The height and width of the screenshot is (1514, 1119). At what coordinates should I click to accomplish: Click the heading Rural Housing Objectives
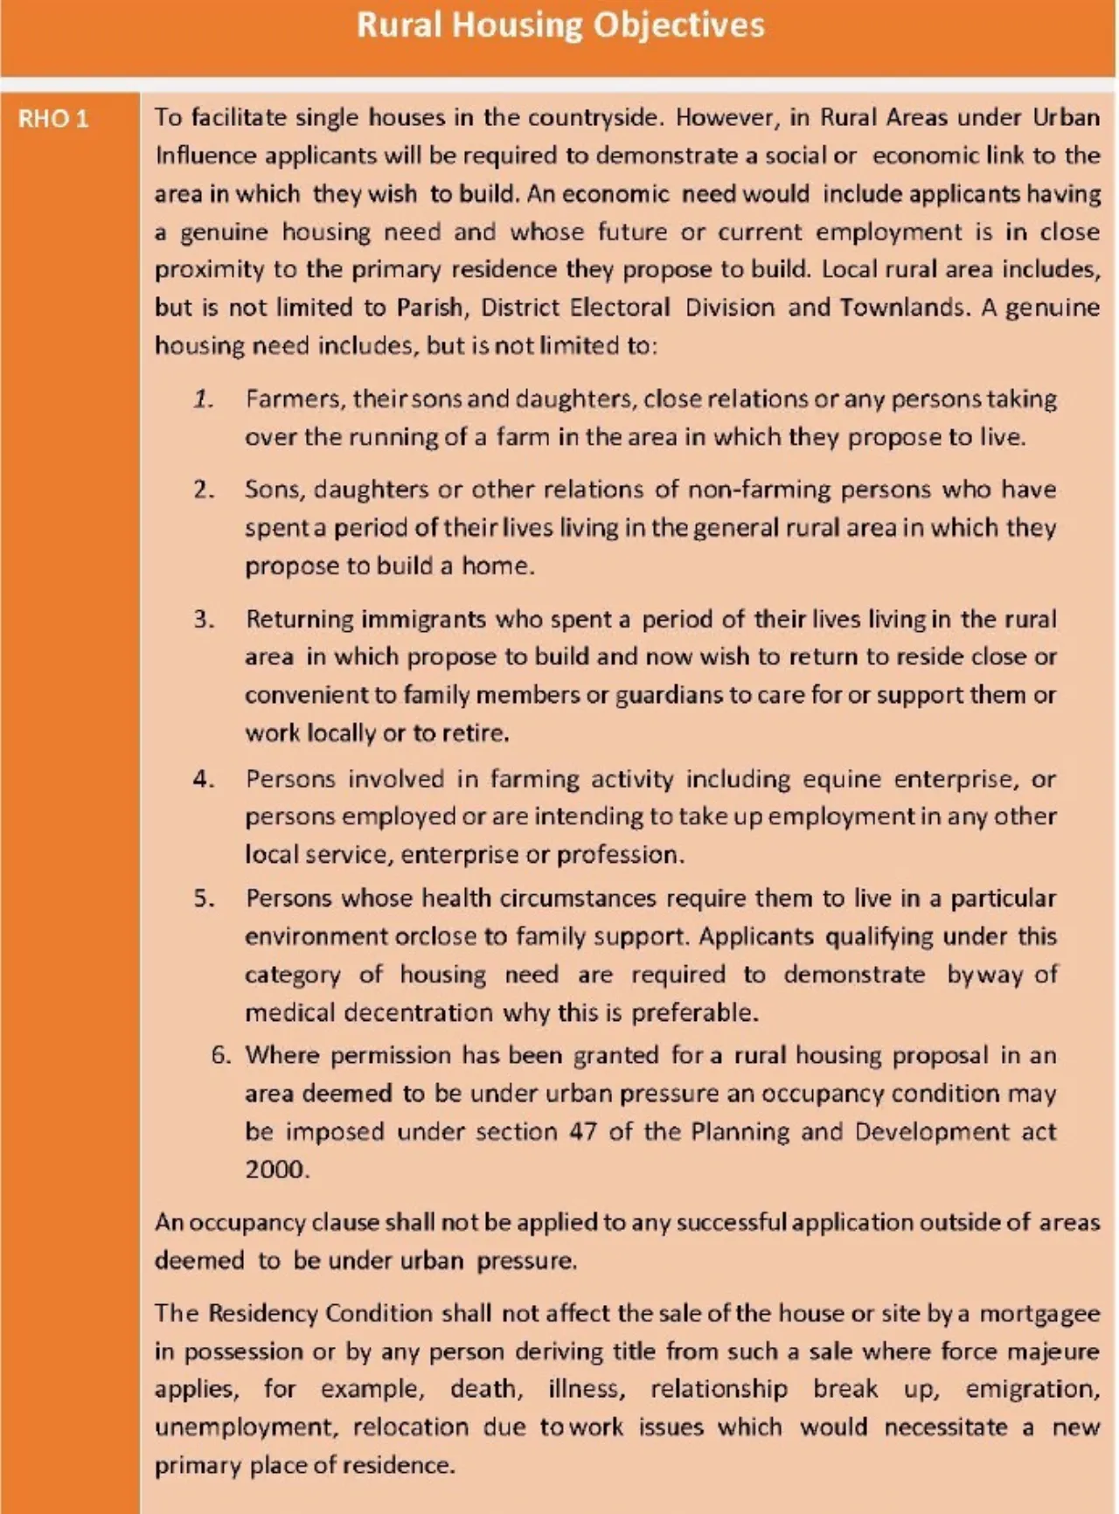click(559, 25)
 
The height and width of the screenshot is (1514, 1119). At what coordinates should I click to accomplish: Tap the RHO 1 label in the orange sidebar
click(53, 119)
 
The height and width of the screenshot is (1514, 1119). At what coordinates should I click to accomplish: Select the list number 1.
click(204, 399)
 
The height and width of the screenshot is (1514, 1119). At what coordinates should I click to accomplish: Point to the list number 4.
click(204, 779)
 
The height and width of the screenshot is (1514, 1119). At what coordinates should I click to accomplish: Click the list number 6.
click(220, 1055)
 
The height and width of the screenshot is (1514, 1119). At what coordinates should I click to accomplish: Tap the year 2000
click(275, 1170)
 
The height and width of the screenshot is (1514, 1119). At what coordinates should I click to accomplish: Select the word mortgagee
click(1039, 1314)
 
